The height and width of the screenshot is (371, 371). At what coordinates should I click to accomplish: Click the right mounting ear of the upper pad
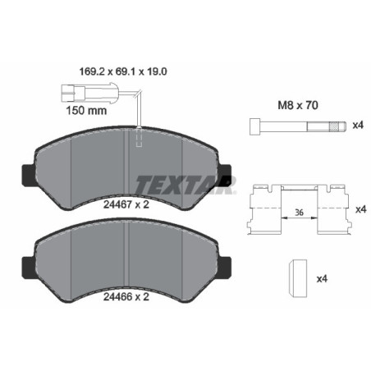tap(224, 173)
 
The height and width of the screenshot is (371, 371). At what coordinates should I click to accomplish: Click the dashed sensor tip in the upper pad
tap(140, 140)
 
